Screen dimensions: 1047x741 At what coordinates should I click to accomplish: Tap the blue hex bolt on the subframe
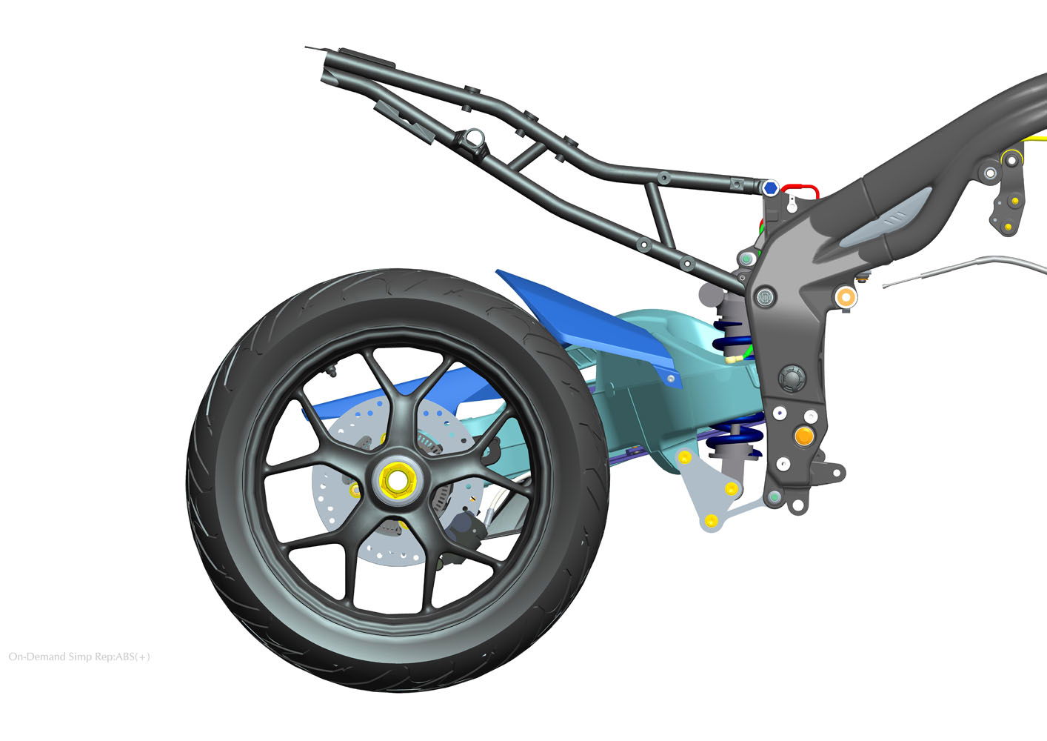point(770,187)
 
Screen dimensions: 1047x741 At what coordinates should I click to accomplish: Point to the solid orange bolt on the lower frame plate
point(804,436)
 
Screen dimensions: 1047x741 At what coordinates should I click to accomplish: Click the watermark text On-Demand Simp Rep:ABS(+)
point(79,657)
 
